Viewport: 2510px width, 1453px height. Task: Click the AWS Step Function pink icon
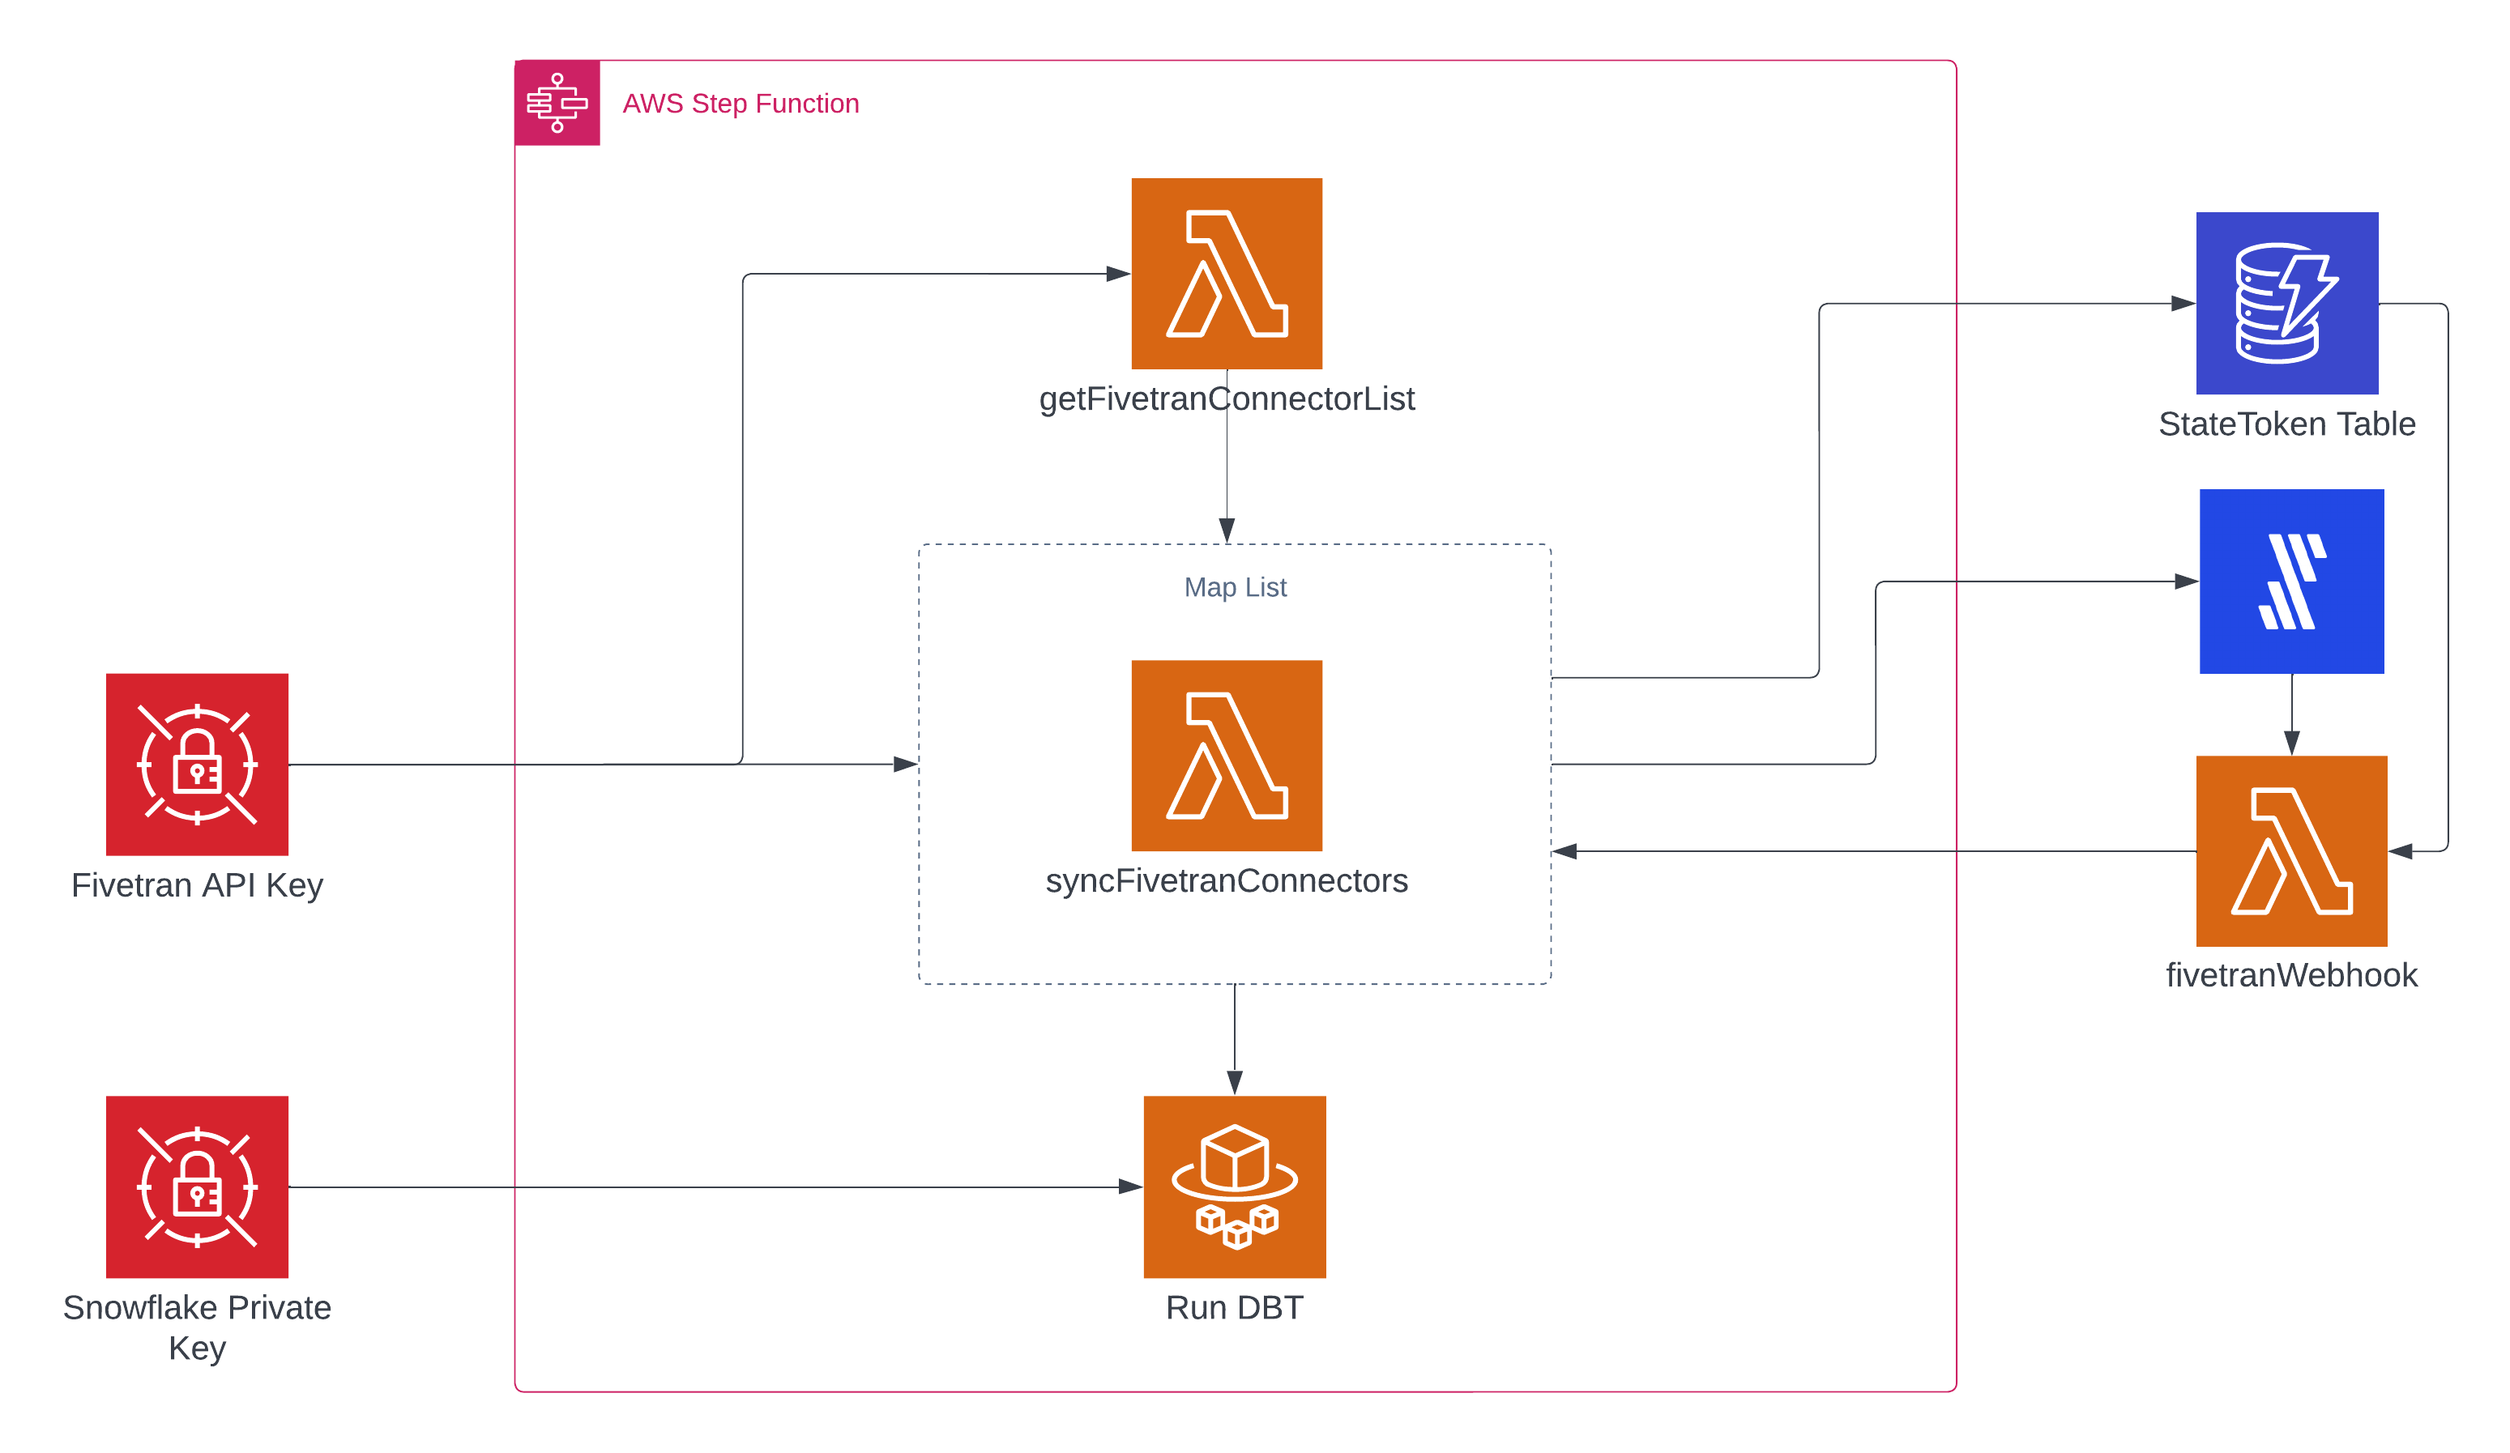[557, 103]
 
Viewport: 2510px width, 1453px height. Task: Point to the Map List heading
[1234, 587]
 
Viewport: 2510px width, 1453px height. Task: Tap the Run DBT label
[1234, 1306]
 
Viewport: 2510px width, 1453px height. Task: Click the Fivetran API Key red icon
[197, 764]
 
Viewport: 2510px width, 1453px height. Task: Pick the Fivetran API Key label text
[197, 885]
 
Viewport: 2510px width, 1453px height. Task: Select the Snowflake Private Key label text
[197, 1327]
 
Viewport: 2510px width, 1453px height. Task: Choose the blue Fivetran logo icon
[2291, 581]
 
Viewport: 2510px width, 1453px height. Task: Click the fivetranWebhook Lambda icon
[2291, 850]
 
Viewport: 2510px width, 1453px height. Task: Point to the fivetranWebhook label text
[2291, 974]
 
